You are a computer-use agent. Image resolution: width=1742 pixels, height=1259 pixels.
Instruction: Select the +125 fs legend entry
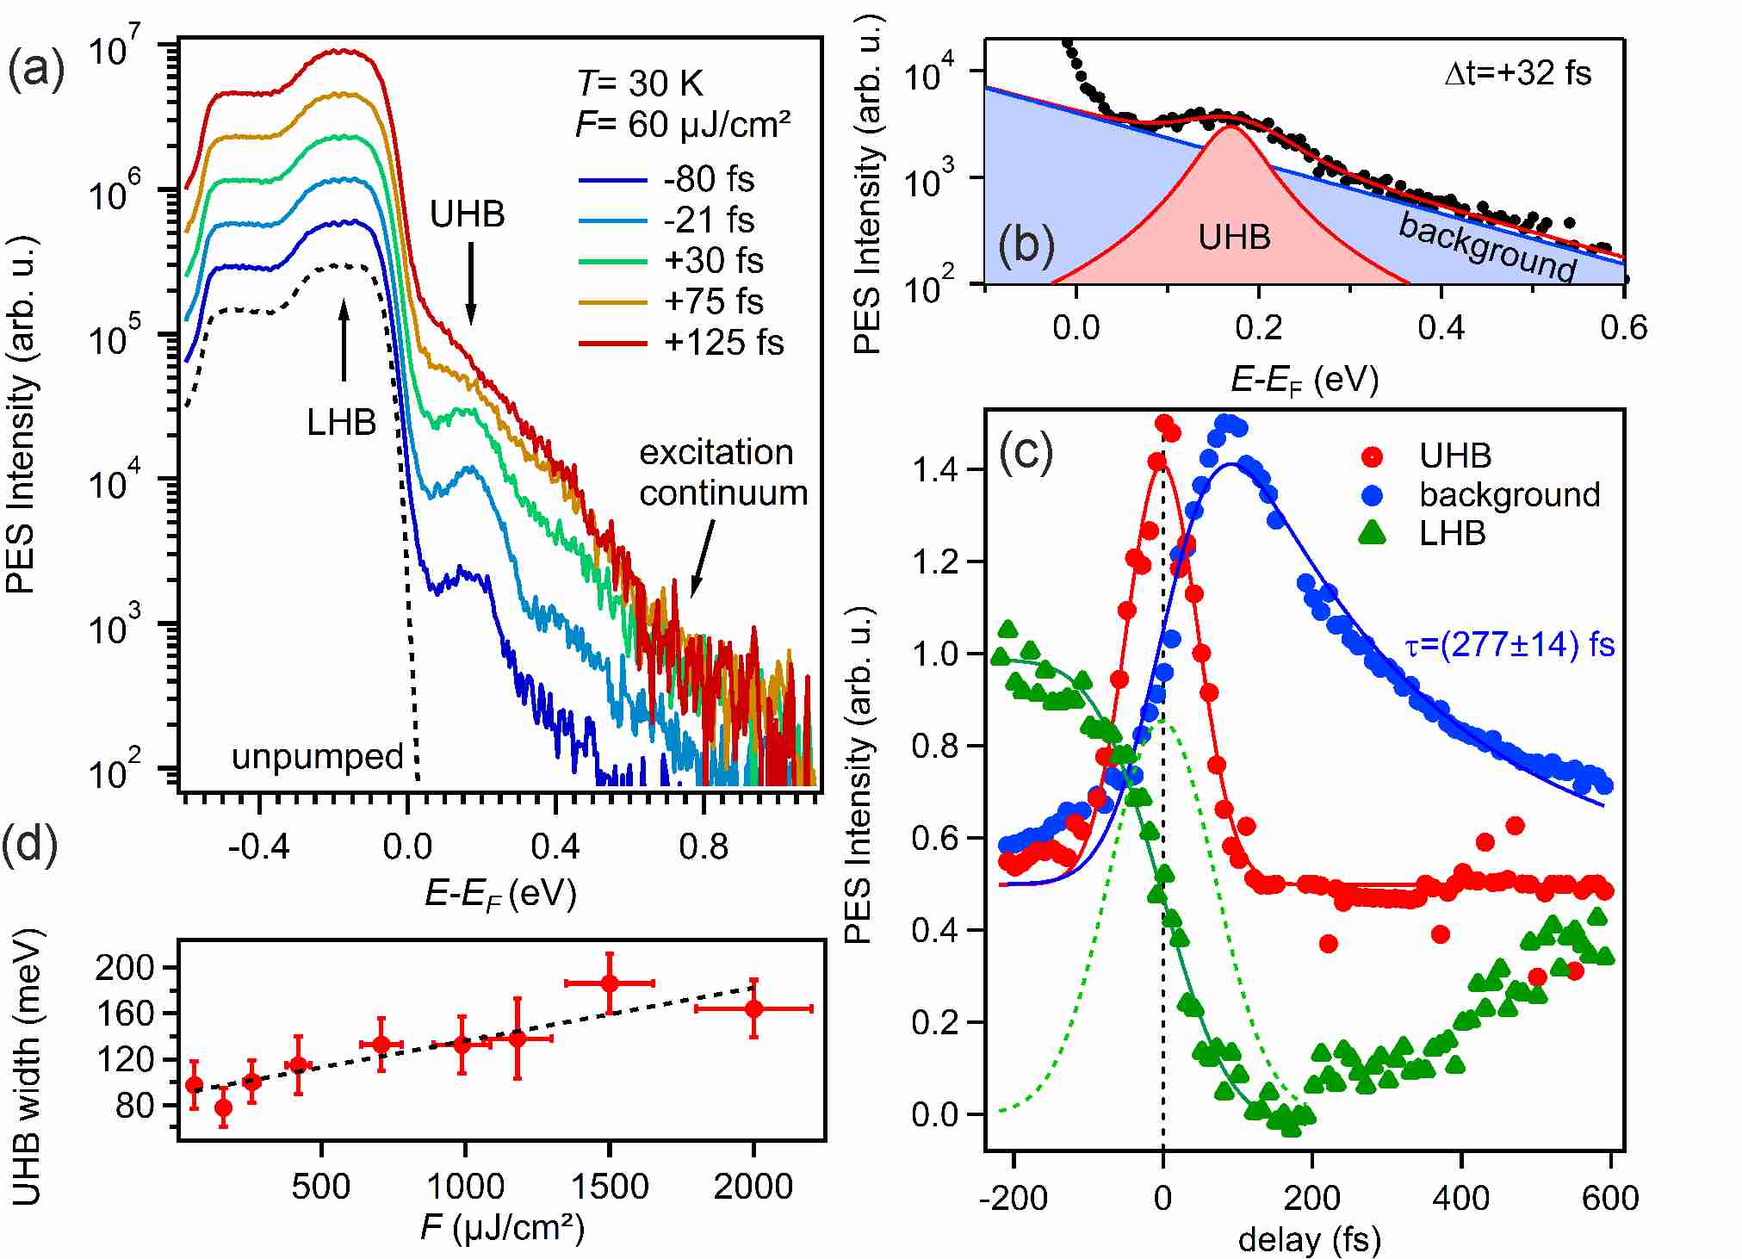(x=680, y=343)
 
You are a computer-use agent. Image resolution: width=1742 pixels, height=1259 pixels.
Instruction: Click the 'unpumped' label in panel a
(x=317, y=757)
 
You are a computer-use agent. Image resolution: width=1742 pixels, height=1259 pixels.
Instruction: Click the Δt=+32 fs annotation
(x=1517, y=73)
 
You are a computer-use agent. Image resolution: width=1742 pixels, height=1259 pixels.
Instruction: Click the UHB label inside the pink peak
(x=1234, y=238)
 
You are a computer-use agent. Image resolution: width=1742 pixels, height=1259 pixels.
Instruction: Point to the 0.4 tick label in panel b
(x=1441, y=328)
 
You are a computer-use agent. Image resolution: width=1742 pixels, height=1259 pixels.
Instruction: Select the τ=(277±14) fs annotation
(x=1510, y=645)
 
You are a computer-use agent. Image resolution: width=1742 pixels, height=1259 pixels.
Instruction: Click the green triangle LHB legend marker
(x=1372, y=534)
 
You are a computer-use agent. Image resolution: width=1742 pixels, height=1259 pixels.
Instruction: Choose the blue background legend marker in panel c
(x=1372, y=495)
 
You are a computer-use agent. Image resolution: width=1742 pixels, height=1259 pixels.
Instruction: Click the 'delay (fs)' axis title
(x=1309, y=1240)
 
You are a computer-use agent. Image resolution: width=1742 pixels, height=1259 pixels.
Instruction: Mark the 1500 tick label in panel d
(x=610, y=1187)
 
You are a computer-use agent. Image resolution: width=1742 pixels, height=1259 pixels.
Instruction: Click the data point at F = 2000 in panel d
(x=754, y=1008)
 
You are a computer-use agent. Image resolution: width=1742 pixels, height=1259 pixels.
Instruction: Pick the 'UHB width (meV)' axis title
(x=28, y=1066)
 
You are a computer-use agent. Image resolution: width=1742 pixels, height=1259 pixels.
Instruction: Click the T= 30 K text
(x=640, y=84)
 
